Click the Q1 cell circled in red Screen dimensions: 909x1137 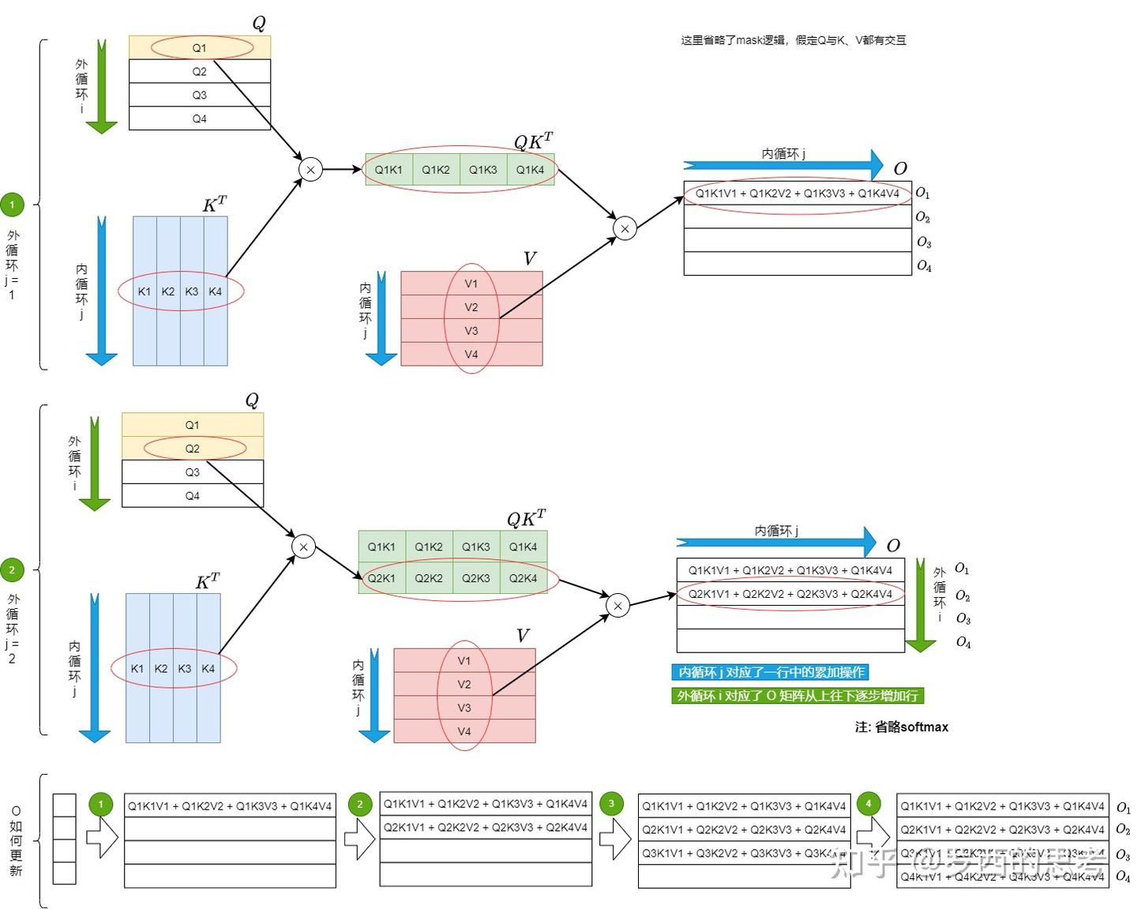[200, 48]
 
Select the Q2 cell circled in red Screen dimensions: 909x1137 [193, 449]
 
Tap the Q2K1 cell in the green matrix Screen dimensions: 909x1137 [381, 578]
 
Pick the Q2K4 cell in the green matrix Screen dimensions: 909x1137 [523, 578]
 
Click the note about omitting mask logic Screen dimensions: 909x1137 [793, 40]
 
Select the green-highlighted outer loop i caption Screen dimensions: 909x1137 [797, 696]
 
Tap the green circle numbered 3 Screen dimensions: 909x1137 [611, 804]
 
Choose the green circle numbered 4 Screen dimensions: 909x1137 [869, 804]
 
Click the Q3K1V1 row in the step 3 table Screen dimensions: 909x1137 [743, 854]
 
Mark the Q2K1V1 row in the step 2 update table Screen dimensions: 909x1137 [486, 828]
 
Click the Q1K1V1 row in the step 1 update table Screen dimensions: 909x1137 [230, 806]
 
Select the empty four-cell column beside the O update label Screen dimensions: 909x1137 [64, 839]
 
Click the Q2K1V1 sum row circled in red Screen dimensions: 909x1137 [790, 594]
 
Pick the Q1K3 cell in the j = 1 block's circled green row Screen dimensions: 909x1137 [483, 170]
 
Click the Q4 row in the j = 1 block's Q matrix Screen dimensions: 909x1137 [200, 118]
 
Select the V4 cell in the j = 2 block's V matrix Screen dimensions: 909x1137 [464, 731]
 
